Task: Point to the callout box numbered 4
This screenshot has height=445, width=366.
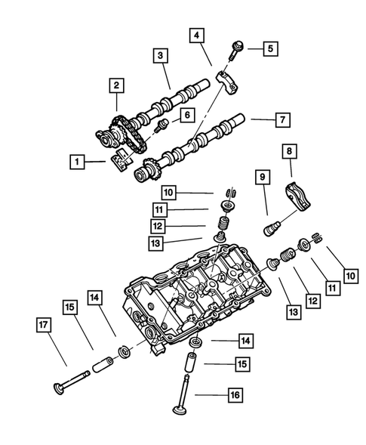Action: [x=196, y=36]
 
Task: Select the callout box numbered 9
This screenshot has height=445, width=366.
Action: [x=263, y=178]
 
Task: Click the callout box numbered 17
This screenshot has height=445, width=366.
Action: [x=44, y=326]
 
